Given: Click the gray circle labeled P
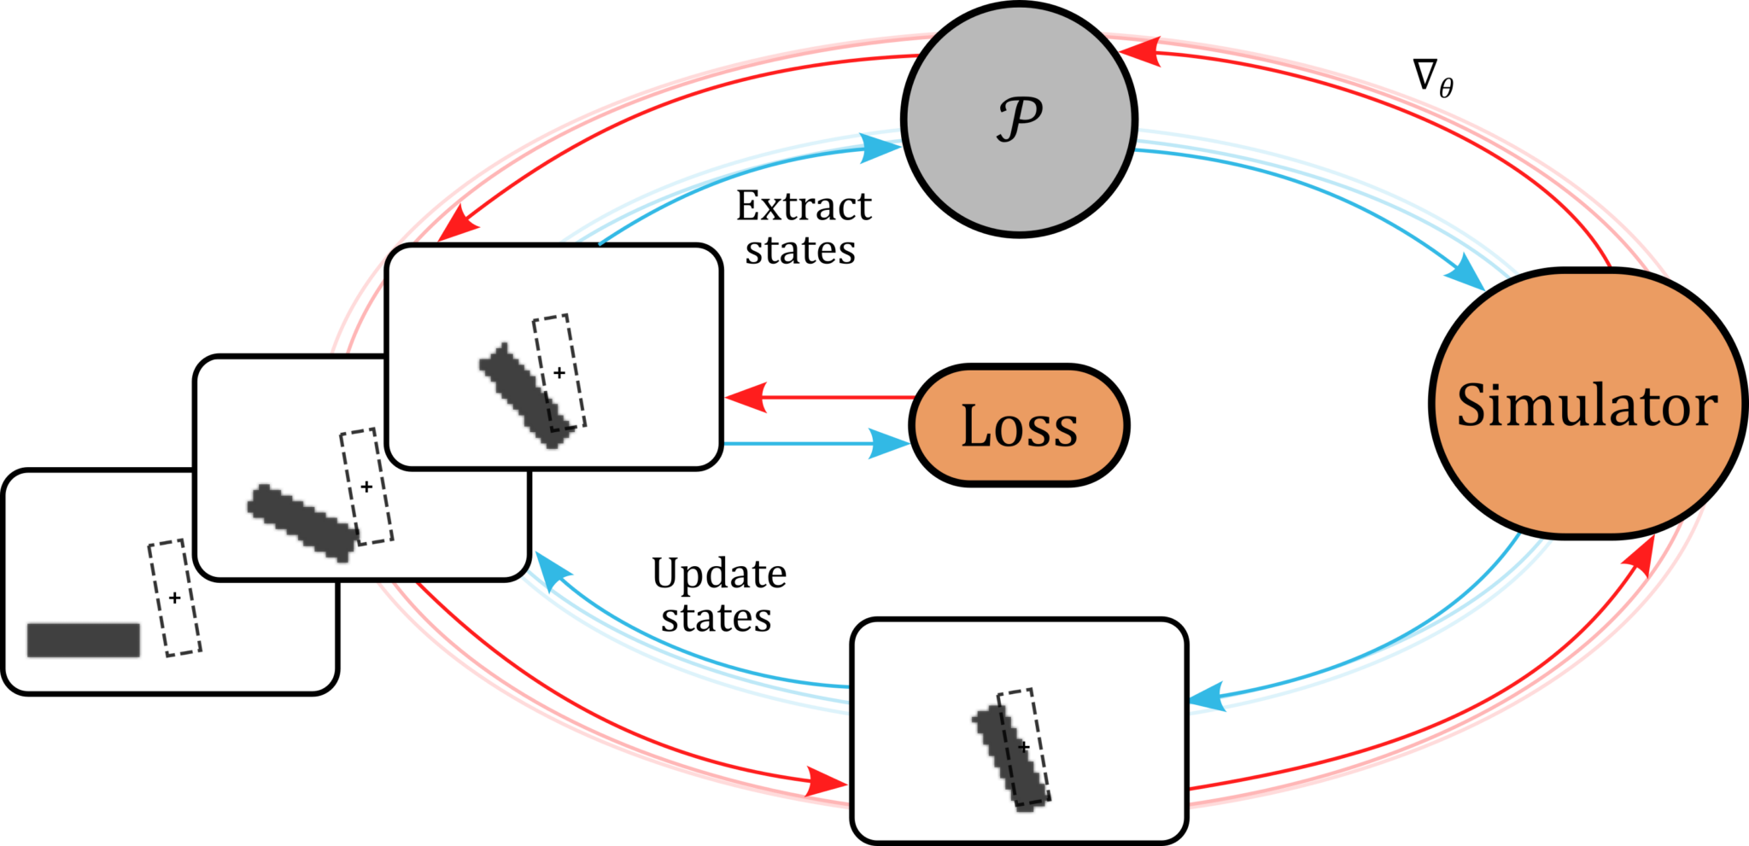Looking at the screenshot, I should (1019, 119).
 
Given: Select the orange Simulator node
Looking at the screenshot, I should (1587, 404).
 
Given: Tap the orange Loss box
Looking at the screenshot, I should (1019, 425).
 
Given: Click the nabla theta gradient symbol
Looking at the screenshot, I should (1432, 78).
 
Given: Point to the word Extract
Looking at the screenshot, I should (804, 206).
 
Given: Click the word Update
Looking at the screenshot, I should (719, 574).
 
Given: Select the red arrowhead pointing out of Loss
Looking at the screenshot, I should (746, 397).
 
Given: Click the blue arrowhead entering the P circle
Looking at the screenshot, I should (879, 149).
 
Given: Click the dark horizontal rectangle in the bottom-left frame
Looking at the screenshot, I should (84, 640).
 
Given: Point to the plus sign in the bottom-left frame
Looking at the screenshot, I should (174, 598).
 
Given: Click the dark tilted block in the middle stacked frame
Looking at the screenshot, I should (301, 522).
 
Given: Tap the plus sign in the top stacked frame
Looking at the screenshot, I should (559, 372).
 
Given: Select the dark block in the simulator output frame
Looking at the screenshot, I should (1010, 756).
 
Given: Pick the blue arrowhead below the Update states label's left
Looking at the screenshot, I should (553, 572).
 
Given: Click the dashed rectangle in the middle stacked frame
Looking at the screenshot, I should (367, 487).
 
